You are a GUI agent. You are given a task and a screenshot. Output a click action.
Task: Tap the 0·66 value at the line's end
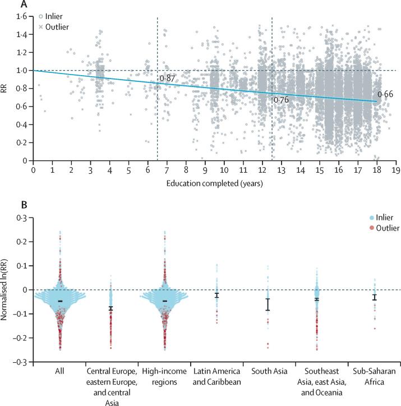coord(385,94)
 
